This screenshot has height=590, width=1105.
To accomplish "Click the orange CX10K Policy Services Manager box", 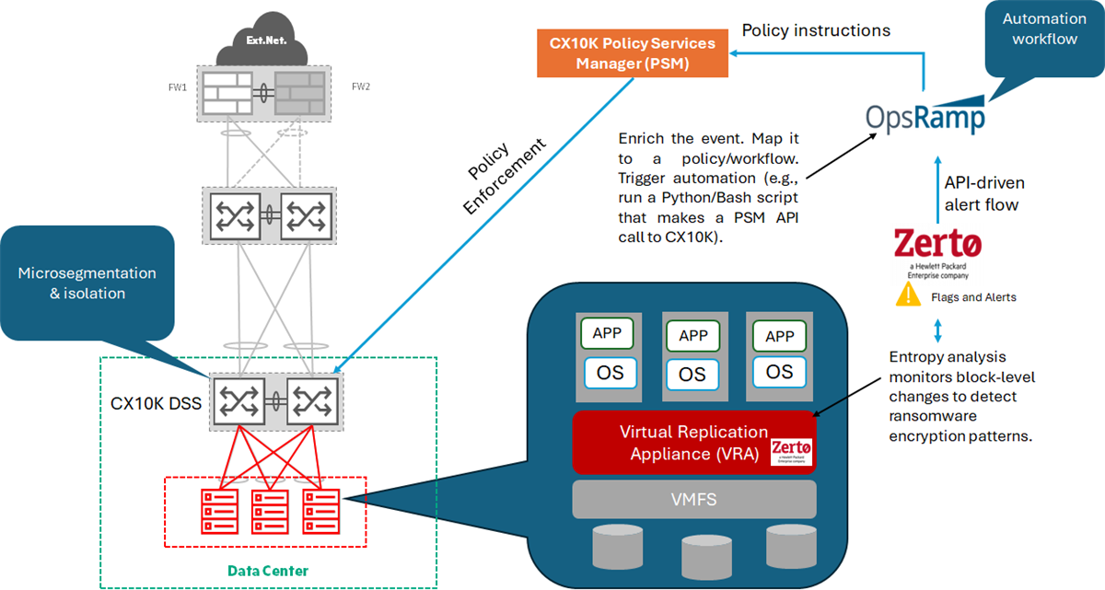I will point(632,53).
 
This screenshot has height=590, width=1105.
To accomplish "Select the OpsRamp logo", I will point(925,119).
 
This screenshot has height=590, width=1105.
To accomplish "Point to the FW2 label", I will point(360,87).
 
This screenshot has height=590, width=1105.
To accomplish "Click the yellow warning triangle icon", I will point(910,295).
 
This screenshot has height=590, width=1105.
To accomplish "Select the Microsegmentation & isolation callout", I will point(87,283).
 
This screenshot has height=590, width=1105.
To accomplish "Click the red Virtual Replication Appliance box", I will point(693,443).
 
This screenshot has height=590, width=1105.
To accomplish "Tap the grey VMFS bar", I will point(694,499).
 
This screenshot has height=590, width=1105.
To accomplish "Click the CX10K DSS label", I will point(156,402).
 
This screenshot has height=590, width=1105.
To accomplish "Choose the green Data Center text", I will point(268,571).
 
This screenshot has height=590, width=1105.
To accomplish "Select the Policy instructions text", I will point(816,30).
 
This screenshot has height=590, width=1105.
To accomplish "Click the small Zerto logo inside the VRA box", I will point(791,451).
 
